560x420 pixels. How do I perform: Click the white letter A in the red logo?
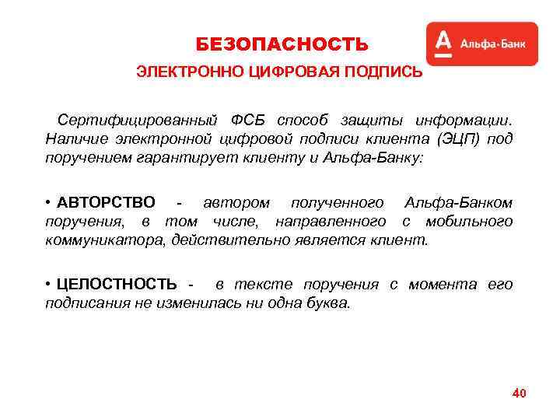coord(443,44)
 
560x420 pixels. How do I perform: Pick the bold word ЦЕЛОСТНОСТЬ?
coord(117,284)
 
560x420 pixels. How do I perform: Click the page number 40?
coord(519,394)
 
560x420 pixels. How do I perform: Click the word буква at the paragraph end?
coord(329,303)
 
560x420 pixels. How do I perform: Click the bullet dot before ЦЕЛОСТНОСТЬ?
coord(48,284)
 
